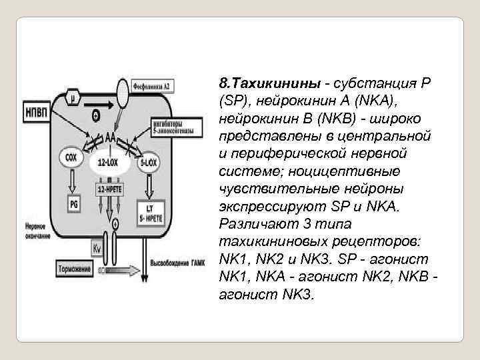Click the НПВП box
37,110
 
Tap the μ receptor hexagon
73,99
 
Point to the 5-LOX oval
149,161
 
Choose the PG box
73,203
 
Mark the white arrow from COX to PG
72,183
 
